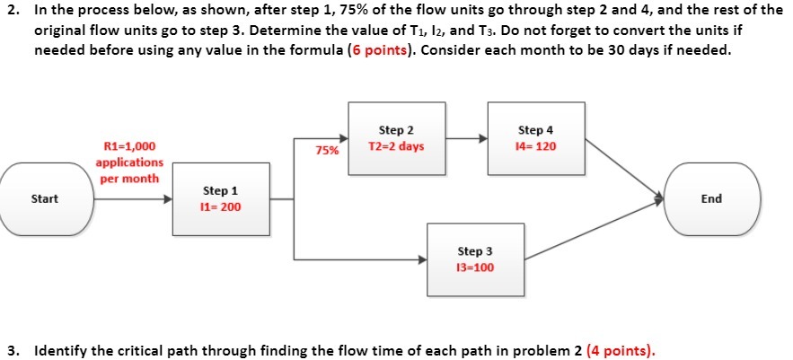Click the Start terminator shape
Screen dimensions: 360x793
click(47, 198)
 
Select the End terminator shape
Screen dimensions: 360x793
click(711, 198)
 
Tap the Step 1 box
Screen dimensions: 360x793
click(221, 198)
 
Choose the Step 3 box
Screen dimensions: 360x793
click(475, 259)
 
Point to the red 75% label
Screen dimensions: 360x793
click(327, 151)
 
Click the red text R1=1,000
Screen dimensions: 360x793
click(129, 146)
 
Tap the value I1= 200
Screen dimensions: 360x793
click(221, 207)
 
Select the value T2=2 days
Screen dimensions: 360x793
click(396, 145)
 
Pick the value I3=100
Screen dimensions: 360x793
click(475, 268)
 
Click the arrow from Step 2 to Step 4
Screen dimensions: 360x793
click(462, 138)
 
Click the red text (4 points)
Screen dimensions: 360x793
click(621, 349)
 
